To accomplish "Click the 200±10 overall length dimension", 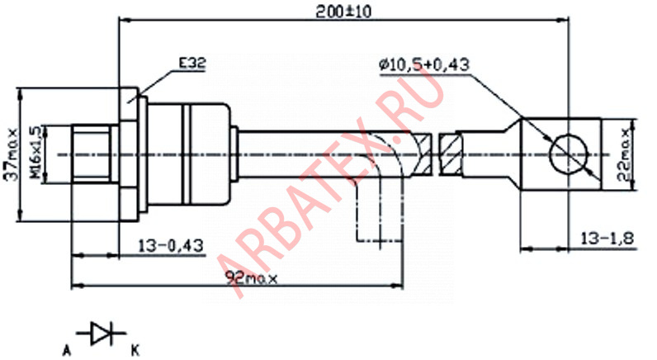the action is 343,12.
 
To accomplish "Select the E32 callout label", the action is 192,64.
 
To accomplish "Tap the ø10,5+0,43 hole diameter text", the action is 424,64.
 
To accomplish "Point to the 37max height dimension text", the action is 12,154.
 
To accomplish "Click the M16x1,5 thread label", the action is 37,154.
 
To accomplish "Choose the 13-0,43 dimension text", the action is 171,245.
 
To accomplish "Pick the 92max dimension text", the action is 252,278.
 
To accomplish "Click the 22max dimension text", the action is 623,154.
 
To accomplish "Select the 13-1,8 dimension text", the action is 607,239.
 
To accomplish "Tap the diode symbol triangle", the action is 99,334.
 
